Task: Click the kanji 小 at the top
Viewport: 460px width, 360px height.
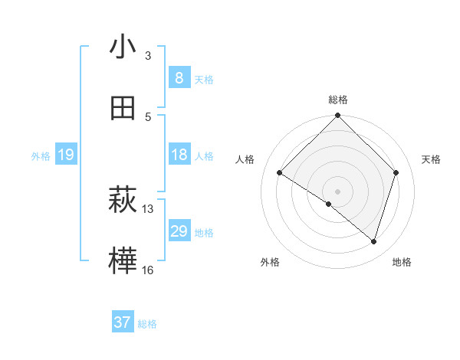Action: tap(123, 47)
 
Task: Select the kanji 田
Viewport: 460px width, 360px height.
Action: tap(123, 109)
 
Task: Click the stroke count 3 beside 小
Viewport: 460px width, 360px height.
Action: tap(148, 56)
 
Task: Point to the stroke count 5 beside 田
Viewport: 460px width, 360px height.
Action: tap(148, 116)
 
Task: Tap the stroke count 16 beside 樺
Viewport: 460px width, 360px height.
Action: tap(148, 270)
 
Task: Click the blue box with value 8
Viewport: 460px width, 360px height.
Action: tap(179, 77)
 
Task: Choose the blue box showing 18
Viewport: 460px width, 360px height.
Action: tap(179, 155)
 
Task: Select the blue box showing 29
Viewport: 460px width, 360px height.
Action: tap(179, 231)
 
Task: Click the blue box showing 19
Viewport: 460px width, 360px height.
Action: tap(65, 155)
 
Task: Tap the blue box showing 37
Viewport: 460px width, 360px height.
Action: tap(123, 322)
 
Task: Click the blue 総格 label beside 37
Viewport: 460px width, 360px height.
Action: tap(147, 324)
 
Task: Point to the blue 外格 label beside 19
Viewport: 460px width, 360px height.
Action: tap(41, 156)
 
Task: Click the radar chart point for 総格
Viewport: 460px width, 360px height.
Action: tap(337, 117)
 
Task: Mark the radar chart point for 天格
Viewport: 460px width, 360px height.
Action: tap(396, 172)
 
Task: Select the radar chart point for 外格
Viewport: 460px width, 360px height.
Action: tap(329, 204)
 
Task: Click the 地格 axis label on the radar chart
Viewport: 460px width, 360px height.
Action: tap(402, 262)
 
